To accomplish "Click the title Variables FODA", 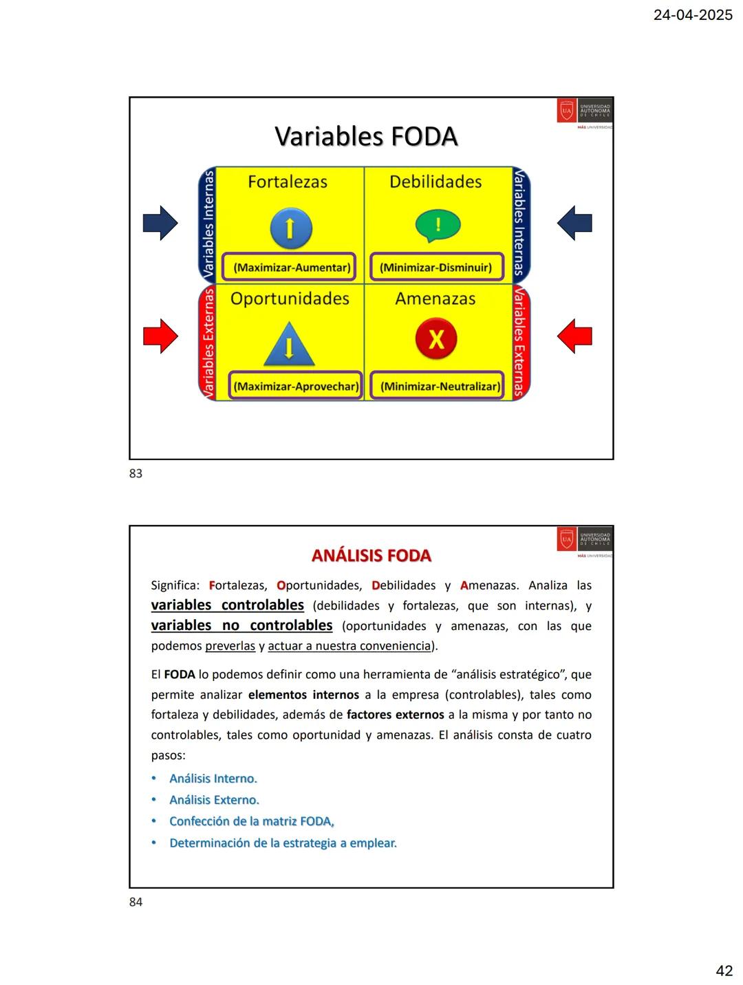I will (366, 136).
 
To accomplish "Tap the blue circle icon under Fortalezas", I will (290, 228).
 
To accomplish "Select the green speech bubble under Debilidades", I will (438, 226).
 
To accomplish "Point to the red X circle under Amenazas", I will (436, 339).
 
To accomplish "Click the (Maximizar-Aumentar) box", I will (292, 268).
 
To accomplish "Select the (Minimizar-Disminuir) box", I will (436, 268).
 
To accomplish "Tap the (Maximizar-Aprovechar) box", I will (295, 387).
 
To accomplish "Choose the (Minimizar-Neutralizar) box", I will (440, 387).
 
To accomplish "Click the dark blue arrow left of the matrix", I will (160, 223).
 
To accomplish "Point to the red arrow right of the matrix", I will (574, 336).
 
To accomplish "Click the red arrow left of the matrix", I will (160, 336).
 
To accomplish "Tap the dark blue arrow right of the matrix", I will (574, 223).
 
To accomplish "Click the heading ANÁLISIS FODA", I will (371, 556).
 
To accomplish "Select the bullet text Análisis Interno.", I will (213, 779).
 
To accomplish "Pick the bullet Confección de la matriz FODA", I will (252, 821).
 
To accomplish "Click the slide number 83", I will (136, 473).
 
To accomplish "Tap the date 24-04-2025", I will (693, 15).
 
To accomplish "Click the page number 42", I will (724, 971).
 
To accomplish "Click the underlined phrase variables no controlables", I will (242, 625).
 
